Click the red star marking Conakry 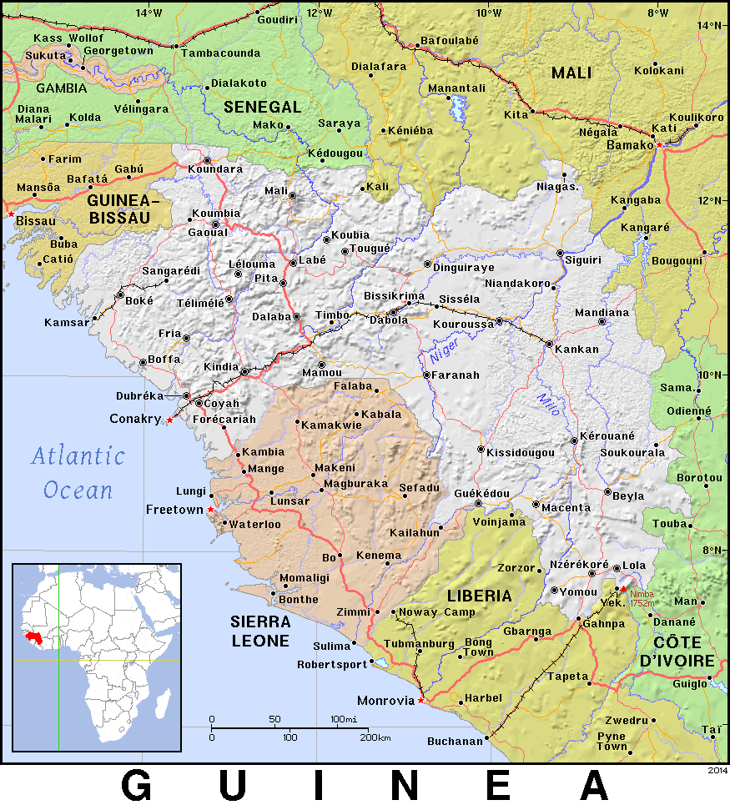[x=169, y=420]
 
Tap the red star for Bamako [x=659, y=144]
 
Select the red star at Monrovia [x=420, y=701]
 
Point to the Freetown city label [x=174, y=509]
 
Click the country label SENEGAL [x=262, y=107]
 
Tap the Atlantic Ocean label [x=78, y=472]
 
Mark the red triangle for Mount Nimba [x=622, y=590]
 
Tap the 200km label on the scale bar [x=375, y=737]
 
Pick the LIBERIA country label [x=479, y=596]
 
